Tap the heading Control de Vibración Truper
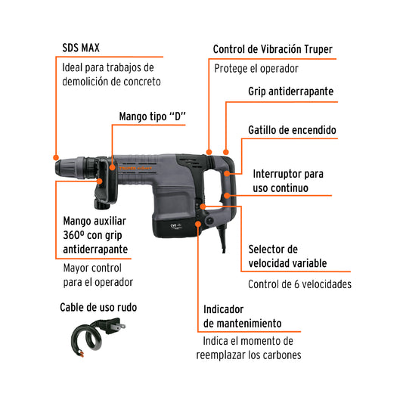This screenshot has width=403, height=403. (x=272, y=49)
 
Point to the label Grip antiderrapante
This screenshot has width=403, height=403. (x=290, y=91)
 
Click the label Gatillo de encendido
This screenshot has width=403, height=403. (x=292, y=130)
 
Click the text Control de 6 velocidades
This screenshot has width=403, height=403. (x=299, y=285)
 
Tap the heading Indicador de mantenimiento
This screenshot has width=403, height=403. (x=244, y=317)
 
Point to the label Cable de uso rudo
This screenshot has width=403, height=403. (x=98, y=308)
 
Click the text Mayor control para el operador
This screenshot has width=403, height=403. (x=98, y=274)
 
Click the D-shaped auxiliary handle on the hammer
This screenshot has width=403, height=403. (x=104, y=186)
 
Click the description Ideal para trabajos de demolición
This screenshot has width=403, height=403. (x=111, y=73)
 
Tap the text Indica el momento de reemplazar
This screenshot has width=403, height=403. (x=250, y=348)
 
